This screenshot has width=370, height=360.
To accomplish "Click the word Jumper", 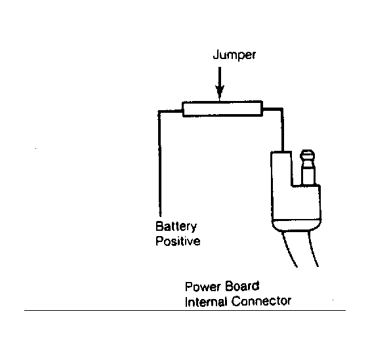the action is [234, 55].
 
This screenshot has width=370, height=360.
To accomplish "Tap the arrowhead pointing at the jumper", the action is [220, 92].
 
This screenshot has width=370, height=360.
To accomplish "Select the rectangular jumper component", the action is [222, 109].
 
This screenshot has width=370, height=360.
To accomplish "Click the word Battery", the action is [176, 226].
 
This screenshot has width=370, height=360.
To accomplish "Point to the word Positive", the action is [178, 241].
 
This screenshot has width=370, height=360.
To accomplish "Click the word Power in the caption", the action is [203, 287].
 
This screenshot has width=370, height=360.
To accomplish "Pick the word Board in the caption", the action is [242, 287].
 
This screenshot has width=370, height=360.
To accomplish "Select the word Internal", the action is [206, 302].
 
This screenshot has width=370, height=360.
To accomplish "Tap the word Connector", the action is [261, 301].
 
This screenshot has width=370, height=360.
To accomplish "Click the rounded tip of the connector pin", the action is [307, 155].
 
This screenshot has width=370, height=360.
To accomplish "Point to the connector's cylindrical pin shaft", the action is [308, 172].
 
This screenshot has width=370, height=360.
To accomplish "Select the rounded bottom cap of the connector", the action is [297, 226].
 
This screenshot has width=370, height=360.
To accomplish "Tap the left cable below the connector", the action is [289, 249].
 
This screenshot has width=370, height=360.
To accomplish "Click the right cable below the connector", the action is [313, 249].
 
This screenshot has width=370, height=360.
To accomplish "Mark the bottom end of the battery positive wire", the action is [160, 216].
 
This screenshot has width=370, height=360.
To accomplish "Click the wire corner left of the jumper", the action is [159, 111].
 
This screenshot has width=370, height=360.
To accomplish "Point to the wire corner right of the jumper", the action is [281, 110].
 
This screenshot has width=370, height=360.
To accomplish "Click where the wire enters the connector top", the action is [283, 151].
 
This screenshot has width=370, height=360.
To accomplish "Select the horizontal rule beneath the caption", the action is [185, 310].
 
